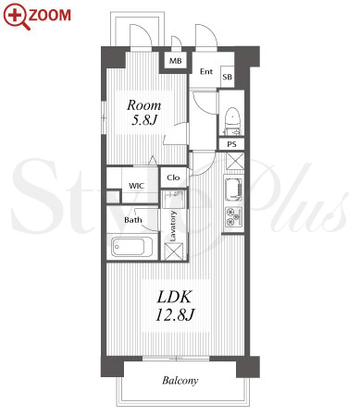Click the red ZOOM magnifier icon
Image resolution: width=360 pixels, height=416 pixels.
[x=16, y=16]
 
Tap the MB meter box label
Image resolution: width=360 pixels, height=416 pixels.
[x=175, y=61]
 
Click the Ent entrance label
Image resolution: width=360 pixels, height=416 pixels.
[x=206, y=71]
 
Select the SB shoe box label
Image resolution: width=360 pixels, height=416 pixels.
[x=228, y=77]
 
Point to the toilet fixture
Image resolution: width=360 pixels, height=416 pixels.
[x=232, y=121]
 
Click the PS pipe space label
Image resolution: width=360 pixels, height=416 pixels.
[x=231, y=144]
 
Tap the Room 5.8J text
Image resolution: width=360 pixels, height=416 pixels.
[x=144, y=113]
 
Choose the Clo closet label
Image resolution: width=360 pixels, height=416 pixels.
[x=173, y=177]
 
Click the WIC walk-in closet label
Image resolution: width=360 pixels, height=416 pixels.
[x=136, y=186]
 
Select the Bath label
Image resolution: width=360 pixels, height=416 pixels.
[x=133, y=220]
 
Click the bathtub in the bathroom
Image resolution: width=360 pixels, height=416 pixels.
[x=131, y=247]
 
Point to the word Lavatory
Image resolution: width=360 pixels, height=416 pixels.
[x=173, y=226]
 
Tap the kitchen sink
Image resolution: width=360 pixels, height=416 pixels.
[x=233, y=190]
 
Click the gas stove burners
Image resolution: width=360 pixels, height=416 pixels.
[x=233, y=216]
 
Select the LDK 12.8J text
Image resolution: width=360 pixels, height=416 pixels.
[x=175, y=305]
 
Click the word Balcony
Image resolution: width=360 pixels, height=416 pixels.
[x=180, y=381]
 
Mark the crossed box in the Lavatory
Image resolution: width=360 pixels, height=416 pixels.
[x=173, y=251]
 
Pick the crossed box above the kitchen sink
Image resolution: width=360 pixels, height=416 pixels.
[x=235, y=161]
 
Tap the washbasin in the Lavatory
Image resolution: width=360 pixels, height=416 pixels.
[x=173, y=198]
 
